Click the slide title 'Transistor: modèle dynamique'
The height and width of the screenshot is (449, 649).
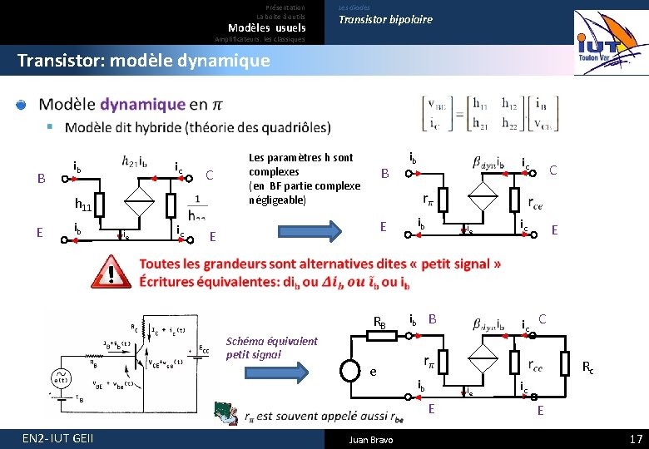tap(143, 61)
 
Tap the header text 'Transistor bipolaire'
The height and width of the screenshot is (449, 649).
tap(385, 19)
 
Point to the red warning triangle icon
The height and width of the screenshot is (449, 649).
tap(110, 272)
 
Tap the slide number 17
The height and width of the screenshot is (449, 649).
tap(636, 438)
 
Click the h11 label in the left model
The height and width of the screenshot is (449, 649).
tap(83, 203)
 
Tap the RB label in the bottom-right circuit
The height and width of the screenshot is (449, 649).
tap(379, 323)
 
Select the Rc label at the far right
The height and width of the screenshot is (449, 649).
tap(587, 367)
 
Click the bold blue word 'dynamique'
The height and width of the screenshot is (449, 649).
tap(143, 105)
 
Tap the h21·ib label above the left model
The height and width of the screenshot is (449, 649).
tap(136, 161)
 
